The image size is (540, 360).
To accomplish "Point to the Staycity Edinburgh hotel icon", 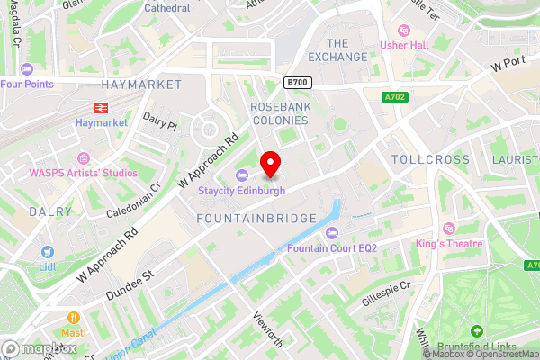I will [241, 175].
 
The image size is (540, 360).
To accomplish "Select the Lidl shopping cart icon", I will [46, 252].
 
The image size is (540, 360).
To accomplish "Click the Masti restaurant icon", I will [75, 317].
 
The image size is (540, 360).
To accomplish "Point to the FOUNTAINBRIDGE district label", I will [256, 218].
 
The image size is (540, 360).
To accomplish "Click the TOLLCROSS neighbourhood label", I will [432, 159].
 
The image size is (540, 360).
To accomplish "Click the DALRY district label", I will [49, 212].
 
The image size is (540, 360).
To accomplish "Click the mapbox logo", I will [40, 348].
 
